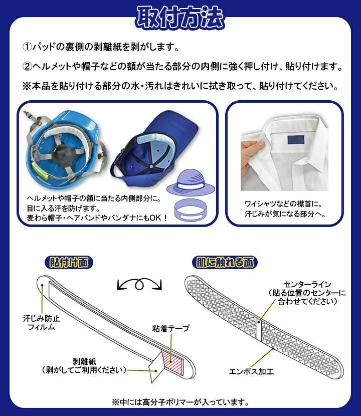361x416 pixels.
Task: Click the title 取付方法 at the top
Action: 180,17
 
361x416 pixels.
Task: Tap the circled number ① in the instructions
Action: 27,47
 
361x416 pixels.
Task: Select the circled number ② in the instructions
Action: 27,66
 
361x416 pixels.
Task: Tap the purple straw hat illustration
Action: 191,182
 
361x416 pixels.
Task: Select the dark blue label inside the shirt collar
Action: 296,140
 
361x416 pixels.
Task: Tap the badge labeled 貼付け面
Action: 69,263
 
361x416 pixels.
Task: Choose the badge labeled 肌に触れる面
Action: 225,263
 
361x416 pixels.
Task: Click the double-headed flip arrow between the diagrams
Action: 139,284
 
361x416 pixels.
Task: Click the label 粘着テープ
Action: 171,328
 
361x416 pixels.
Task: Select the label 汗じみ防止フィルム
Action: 42,323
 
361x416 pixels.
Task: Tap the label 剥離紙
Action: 84,361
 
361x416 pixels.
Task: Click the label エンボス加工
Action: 251,371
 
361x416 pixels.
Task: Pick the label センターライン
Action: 307,284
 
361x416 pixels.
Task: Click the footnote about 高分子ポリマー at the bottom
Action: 180,402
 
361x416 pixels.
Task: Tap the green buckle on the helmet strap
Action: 40,171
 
